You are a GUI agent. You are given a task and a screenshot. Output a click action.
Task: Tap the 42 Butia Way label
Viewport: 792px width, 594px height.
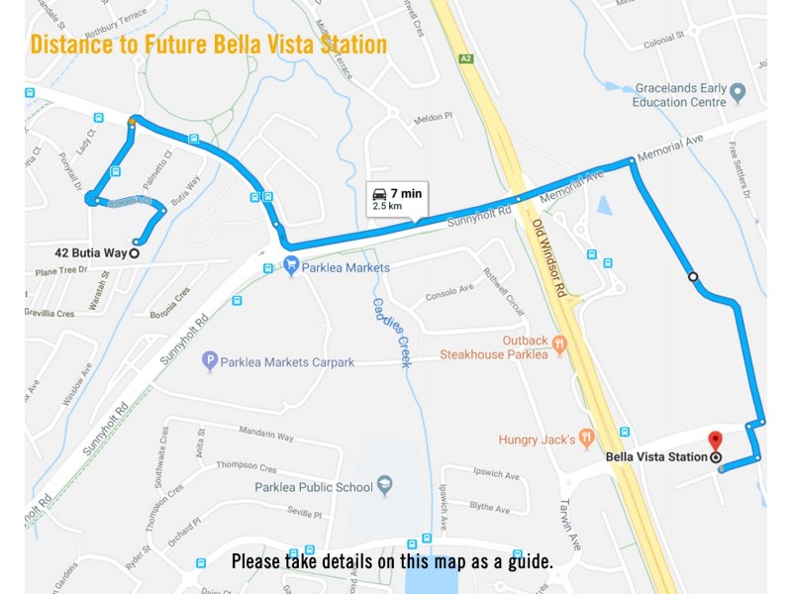pos(90,253)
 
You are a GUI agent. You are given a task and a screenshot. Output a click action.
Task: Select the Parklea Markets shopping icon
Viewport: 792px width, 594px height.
pos(291,266)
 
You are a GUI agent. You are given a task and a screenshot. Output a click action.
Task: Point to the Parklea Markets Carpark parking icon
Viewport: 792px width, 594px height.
pos(209,362)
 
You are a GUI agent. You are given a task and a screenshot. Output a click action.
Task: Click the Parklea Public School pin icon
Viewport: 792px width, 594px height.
pos(385,486)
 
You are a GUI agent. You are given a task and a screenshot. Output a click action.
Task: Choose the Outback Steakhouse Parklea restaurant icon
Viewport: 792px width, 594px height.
pos(559,346)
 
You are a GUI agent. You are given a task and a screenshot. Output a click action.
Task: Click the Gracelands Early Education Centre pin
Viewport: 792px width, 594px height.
pos(737,95)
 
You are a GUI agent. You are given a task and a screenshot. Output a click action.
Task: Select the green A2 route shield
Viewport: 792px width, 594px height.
pos(465,59)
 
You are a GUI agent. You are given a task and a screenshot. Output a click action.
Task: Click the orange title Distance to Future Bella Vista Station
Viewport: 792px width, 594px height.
pos(208,45)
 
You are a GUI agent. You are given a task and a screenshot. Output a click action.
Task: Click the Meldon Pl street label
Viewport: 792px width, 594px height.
pos(433,117)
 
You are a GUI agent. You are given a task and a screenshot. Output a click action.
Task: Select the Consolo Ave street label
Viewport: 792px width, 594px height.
pos(449,292)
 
